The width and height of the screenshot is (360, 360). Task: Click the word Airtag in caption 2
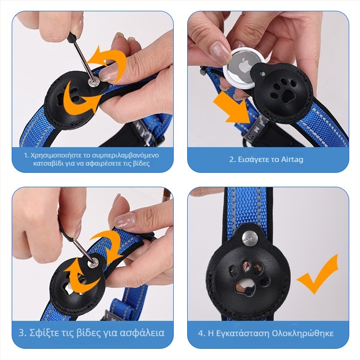[x=292, y=159]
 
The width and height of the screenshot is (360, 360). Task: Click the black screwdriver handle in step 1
[x=73, y=37]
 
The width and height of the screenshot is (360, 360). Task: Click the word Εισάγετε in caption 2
[x=252, y=160]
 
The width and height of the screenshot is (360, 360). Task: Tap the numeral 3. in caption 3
[x=23, y=333]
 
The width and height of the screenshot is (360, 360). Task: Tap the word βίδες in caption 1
[x=142, y=163]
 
